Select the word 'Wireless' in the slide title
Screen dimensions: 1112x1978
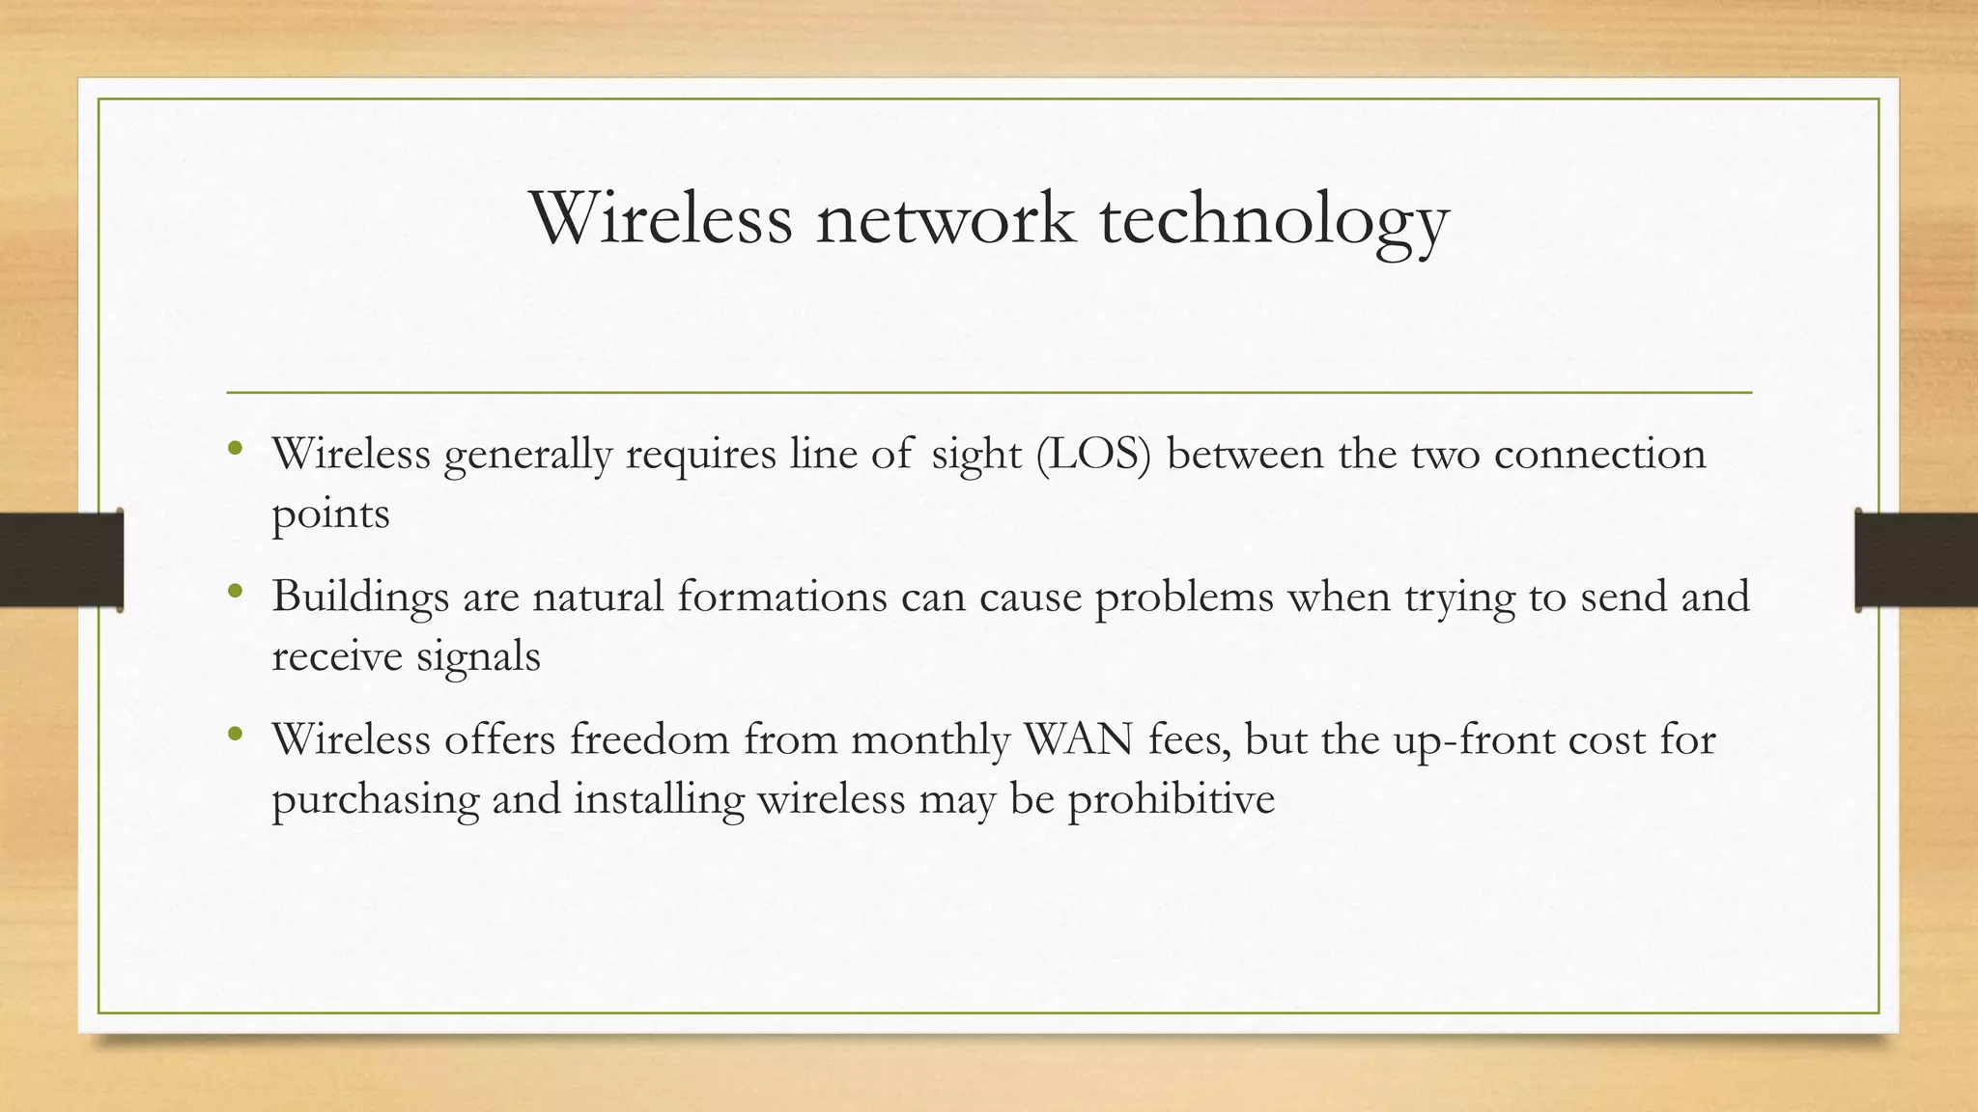tap(661, 218)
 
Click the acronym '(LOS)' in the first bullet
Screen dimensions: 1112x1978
tap(1093, 453)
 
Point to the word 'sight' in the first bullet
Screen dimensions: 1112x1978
tap(976, 455)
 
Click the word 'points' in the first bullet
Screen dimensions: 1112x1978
tap(330, 514)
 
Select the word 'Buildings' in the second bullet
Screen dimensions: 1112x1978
tap(360, 598)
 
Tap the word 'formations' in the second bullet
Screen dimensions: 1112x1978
tap(781, 596)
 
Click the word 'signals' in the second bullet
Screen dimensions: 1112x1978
tap(478, 657)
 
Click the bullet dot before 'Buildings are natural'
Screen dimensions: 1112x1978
tap(235, 591)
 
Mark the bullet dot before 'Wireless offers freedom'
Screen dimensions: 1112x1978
tap(235, 735)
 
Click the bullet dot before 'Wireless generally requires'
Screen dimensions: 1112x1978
tap(235, 448)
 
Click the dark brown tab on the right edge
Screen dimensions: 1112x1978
tap(1916, 560)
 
